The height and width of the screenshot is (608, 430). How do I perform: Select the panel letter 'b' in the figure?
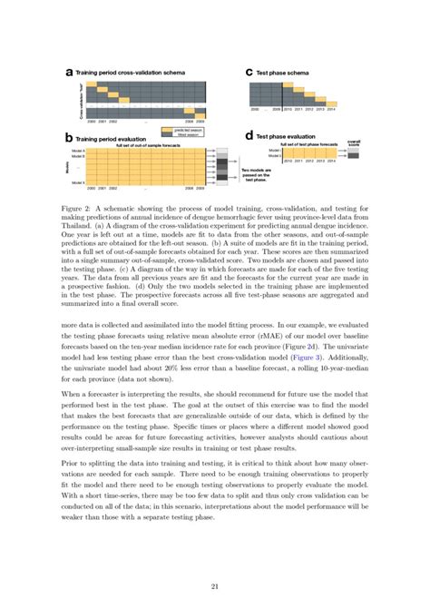(69, 138)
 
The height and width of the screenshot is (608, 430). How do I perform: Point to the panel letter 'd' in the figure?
(249, 136)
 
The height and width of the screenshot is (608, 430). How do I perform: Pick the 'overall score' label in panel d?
(354, 143)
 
